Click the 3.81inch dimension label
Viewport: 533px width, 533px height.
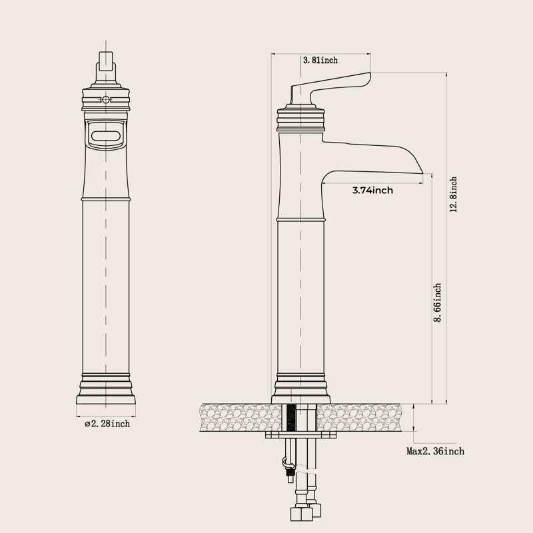pos(320,60)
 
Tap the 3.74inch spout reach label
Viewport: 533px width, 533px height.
pos(372,190)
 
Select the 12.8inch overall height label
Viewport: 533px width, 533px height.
pos(453,195)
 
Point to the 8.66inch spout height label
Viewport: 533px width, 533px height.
pos(438,302)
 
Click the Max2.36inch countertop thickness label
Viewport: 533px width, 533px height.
pos(435,451)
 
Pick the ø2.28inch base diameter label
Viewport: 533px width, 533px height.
pos(107,424)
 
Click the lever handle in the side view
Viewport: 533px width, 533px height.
pos(330,87)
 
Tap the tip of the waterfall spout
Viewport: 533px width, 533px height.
pos(422,173)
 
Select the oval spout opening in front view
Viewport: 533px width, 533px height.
pos(106,136)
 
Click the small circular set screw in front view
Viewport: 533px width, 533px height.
pos(106,99)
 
